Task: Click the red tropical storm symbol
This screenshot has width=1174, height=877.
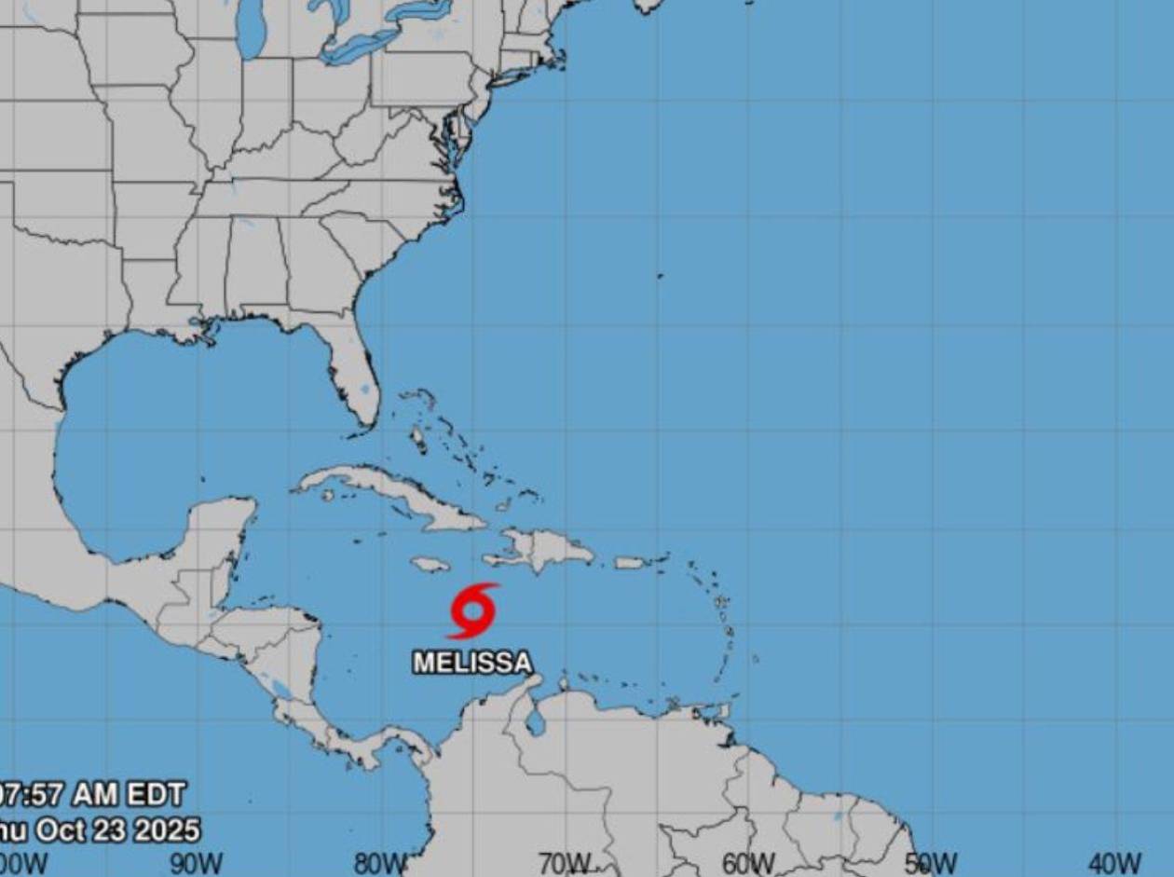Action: (473, 610)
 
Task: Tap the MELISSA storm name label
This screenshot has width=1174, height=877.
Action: (472, 663)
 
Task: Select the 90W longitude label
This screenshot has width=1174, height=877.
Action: (196, 864)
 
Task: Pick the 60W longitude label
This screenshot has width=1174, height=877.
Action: (748, 864)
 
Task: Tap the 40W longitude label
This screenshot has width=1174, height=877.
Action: (1114, 864)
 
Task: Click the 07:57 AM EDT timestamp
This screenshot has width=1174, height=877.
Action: (93, 795)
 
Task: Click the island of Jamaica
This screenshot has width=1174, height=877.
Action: (430, 564)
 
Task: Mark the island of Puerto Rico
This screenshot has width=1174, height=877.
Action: (631, 563)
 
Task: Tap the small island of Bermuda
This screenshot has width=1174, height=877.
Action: (660, 276)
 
